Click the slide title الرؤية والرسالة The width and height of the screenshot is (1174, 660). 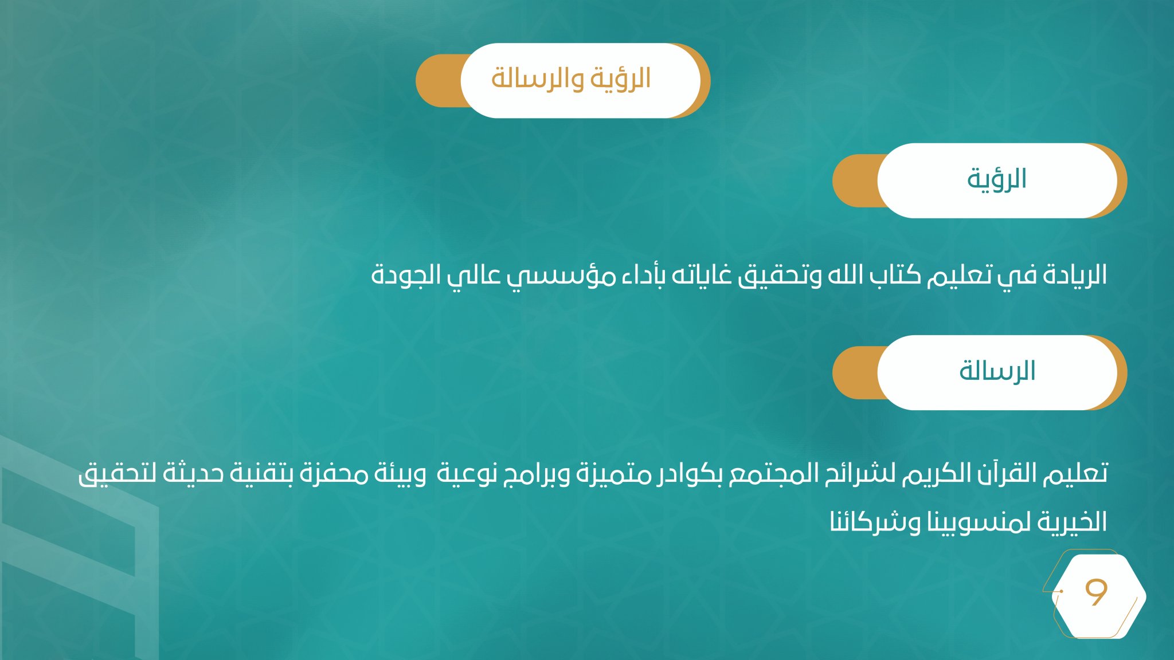pos(571,79)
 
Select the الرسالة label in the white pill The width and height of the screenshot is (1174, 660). pos(997,371)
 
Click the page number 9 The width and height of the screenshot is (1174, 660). pos(1096,592)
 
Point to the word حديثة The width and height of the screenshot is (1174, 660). pos(193,474)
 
